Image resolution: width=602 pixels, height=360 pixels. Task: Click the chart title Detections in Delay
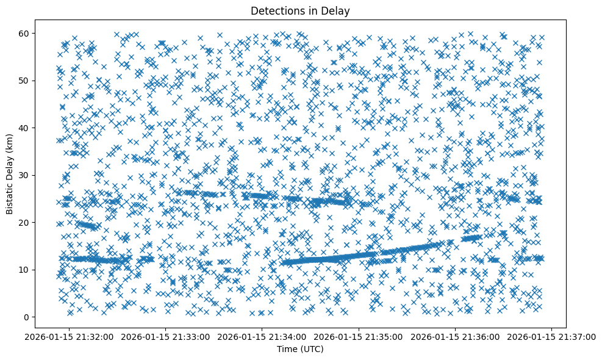(x=301, y=10)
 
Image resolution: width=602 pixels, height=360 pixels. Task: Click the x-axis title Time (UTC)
(x=301, y=349)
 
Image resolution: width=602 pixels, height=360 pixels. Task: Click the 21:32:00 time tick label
(x=70, y=336)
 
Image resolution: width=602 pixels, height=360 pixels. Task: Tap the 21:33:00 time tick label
(x=167, y=336)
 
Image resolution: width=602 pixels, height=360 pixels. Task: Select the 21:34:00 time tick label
(x=263, y=336)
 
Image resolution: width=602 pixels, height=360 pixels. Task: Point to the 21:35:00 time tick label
(x=359, y=336)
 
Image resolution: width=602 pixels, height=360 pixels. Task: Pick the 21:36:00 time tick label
(x=456, y=336)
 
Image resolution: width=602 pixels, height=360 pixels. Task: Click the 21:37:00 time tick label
(x=552, y=336)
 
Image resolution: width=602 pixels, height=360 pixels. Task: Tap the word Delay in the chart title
(x=339, y=10)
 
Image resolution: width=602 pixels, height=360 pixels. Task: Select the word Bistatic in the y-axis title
(x=10, y=198)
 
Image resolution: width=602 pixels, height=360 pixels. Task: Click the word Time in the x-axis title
(x=288, y=349)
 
